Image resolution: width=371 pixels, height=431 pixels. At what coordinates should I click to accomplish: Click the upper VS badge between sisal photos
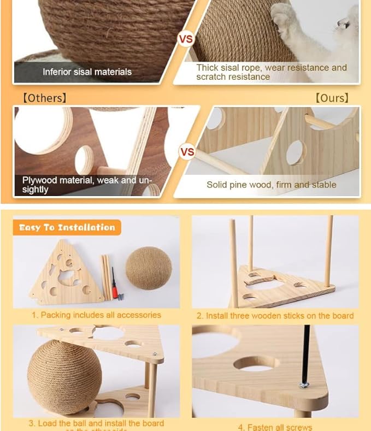[x=186, y=39]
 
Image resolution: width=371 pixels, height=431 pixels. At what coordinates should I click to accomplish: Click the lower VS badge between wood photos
[x=187, y=151]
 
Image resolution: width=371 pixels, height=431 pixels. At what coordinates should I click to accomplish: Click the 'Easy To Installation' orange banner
[x=67, y=227]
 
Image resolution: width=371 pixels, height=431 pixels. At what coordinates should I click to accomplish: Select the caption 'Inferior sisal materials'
[x=87, y=72]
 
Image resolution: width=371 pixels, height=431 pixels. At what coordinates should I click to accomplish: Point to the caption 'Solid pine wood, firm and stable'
[x=271, y=185]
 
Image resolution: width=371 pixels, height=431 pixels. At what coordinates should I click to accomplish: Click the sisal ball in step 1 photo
[x=149, y=268]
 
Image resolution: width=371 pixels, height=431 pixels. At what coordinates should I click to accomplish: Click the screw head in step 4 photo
[x=304, y=385]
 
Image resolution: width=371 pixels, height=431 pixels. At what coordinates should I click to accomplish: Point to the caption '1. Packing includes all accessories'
[x=96, y=315]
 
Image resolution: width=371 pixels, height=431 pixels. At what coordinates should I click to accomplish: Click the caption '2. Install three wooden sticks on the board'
[x=275, y=316]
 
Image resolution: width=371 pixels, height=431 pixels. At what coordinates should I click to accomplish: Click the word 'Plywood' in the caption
[x=40, y=180]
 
